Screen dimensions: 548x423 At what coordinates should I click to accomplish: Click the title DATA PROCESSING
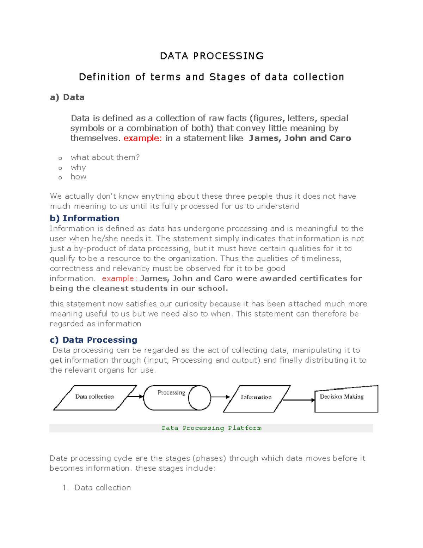[x=211, y=56]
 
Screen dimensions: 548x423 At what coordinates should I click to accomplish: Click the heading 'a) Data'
[x=67, y=97]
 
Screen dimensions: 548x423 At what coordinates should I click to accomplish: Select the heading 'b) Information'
[x=85, y=218]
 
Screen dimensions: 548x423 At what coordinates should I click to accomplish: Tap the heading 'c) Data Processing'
[x=94, y=340]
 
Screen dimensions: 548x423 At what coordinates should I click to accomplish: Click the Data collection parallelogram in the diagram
[x=94, y=397]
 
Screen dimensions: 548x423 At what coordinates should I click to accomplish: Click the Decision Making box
[x=346, y=399]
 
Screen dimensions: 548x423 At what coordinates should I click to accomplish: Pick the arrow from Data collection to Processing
[x=135, y=397]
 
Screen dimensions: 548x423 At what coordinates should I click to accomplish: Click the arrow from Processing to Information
[x=220, y=397]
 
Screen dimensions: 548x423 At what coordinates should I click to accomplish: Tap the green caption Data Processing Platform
[x=211, y=428]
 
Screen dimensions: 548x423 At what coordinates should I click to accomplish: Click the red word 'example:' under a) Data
[x=142, y=138]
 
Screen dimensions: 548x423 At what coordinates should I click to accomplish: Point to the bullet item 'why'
[x=78, y=167]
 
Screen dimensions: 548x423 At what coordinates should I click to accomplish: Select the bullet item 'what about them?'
[x=105, y=157]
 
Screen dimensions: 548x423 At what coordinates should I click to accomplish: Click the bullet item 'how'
[x=78, y=177]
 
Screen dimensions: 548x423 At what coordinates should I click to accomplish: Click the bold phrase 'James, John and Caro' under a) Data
[x=300, y=138]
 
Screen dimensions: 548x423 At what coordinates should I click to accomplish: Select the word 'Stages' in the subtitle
[x=227, y=77]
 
